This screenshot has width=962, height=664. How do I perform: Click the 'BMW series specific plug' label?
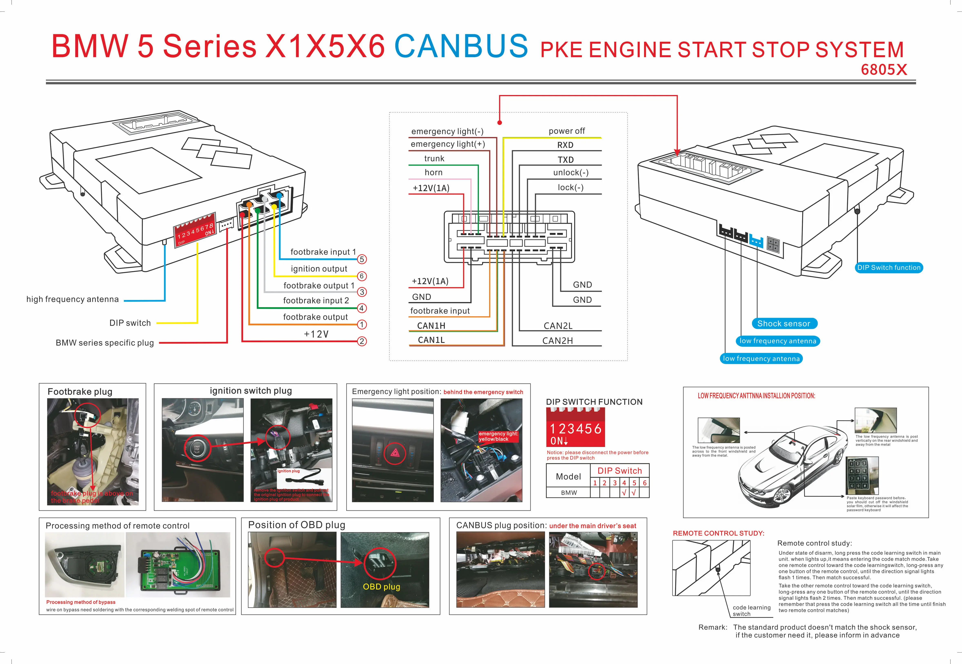pyautogui.click(x=105, y=343)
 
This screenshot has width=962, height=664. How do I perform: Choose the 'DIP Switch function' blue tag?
pyautogui.click(x=889, y=267)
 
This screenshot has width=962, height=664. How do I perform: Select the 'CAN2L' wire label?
pyautogui.click(x=558, y=326)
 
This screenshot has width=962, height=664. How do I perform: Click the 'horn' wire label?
pyautogui.click(x=434, y=172)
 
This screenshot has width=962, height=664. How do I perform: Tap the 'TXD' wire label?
pyautogui.click(x=565, y=160)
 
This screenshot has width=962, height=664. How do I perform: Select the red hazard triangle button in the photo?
pyautogui.click(x=395, y=453)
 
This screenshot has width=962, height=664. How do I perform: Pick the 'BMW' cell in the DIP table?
pyautogui.click(x=569, y=493)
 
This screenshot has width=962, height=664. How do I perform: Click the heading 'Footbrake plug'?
pyautogui.click(x=80, y=391)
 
